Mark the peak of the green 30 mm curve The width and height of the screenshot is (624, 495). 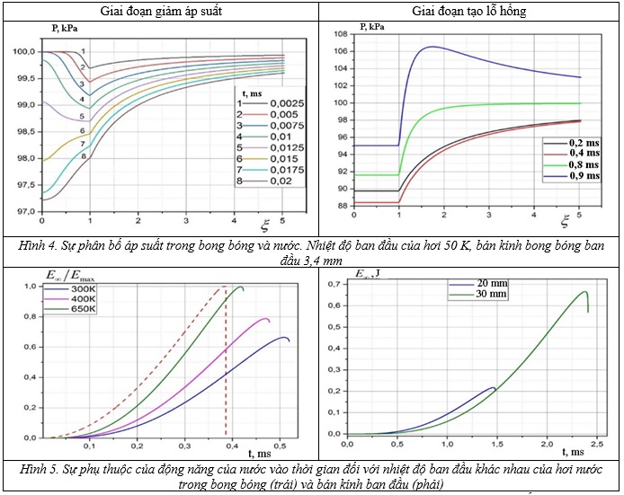click(586, 292)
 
